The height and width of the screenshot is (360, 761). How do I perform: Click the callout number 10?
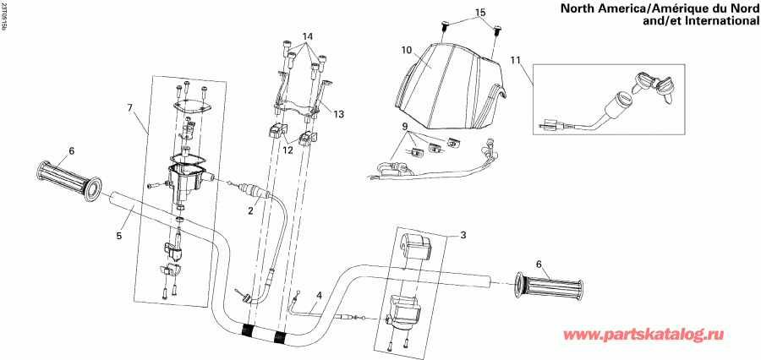(x=407, y=51)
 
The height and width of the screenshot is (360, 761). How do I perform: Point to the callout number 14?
(x=306, y=36)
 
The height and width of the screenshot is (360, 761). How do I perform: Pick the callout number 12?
(x=287, y=150)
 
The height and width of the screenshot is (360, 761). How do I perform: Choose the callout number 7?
(x=130, y=108)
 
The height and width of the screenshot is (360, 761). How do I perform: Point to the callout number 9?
(x=406, y=126)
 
